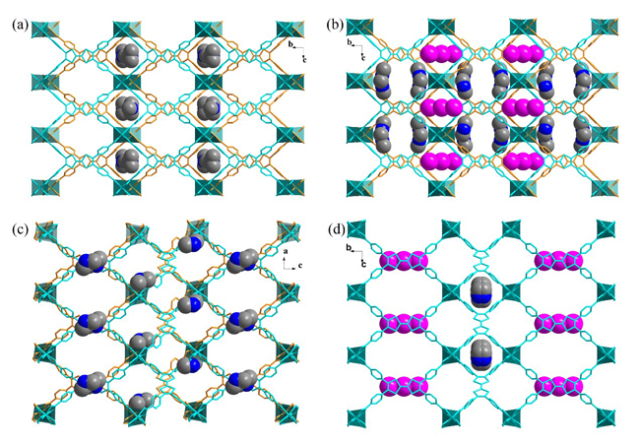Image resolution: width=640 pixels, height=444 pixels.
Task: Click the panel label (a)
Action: coord(20,26)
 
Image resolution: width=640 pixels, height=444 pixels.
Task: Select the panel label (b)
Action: coord(335,26)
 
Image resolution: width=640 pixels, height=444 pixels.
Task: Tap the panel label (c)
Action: coord(20,230)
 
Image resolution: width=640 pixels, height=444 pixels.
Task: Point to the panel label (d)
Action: coord(336,230)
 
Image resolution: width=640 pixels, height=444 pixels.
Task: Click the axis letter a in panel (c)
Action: coord(286,252)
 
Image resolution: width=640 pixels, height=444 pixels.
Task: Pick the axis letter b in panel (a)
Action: coord(290,44)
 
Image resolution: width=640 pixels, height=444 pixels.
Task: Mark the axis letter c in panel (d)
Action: coord(363,265)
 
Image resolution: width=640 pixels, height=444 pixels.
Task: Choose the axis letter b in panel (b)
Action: coord(350,42)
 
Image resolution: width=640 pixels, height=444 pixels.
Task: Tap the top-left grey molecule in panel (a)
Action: coord(127,55)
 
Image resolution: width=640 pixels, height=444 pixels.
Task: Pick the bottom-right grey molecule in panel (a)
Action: coord(209,159)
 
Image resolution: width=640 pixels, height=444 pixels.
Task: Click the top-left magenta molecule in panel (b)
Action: coord(441,53)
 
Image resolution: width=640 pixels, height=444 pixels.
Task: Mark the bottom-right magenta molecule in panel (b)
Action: coord(523,160)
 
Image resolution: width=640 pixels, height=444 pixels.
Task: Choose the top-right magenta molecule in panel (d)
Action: coord(558,261)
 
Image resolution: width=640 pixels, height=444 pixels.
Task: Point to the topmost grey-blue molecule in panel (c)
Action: coord(190,244)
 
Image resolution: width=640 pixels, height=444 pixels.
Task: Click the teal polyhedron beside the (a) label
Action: coord(45,30)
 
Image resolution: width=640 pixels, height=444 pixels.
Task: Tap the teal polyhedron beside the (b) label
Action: coord(360,27)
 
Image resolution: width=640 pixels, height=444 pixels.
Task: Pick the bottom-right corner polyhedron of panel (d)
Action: coord(606,418)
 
